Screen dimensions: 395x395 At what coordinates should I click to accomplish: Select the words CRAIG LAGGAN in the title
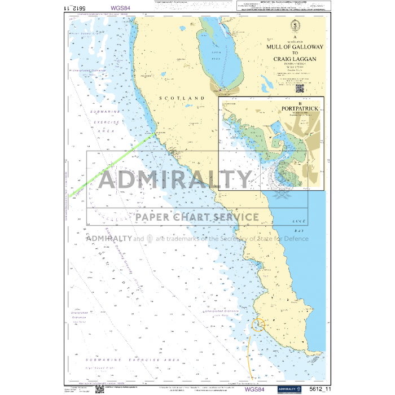coord(295,59)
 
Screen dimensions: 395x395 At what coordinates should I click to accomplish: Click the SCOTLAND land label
coord(182,98)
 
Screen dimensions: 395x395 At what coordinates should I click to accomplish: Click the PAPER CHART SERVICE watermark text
coord(197,217)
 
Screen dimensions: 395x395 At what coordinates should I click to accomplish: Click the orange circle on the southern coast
coord(258,324)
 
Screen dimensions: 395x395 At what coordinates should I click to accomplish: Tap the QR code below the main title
coord(299,88)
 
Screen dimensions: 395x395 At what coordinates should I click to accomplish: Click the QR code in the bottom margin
coord(99,389)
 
